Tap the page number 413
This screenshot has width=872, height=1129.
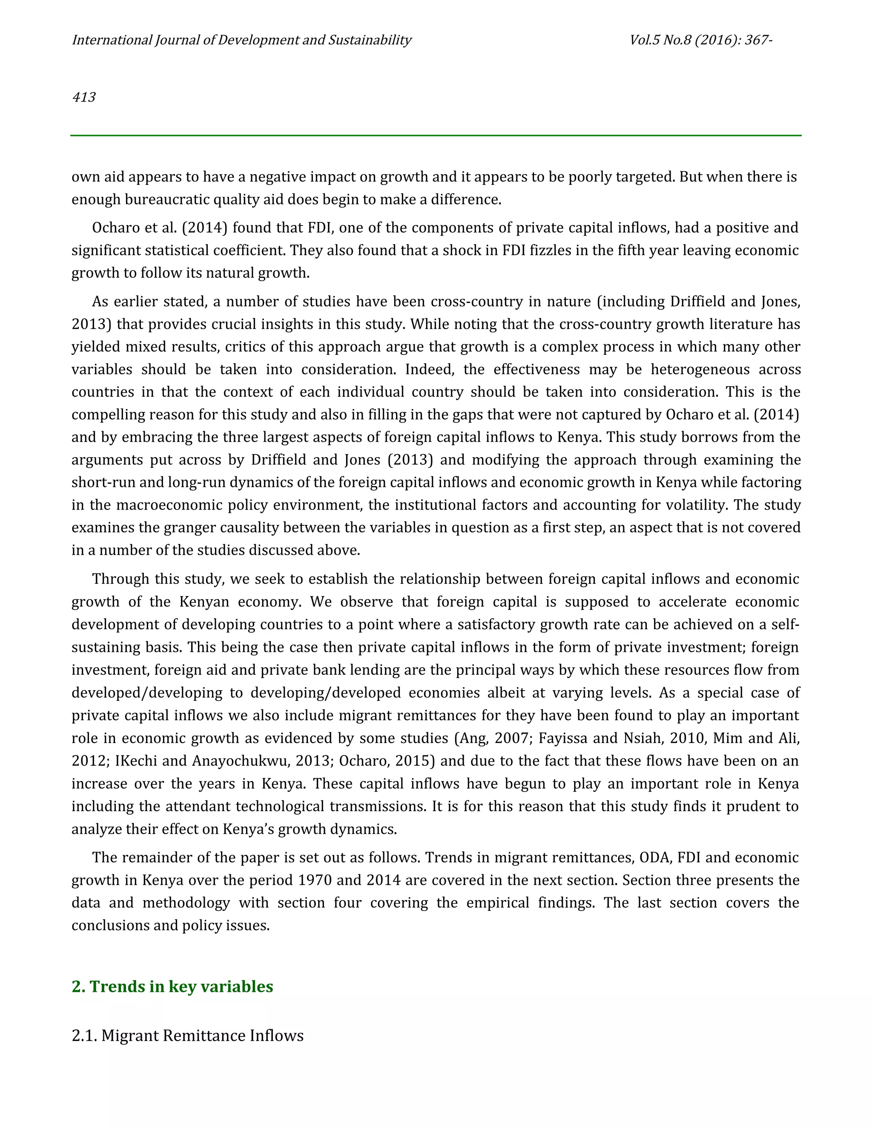84,97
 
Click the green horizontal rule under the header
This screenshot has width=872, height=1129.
436,135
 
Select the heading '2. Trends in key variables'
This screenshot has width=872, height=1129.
172,986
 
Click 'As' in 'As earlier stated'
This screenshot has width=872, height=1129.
99,301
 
